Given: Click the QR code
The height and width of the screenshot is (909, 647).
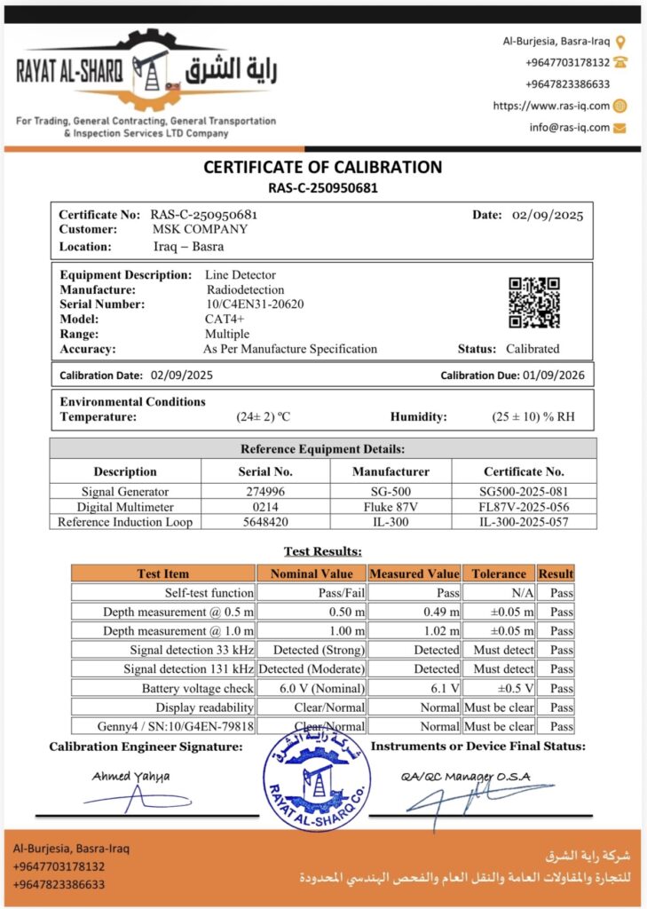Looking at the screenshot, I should click(533, 303).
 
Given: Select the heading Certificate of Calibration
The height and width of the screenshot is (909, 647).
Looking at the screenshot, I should click(323, 167).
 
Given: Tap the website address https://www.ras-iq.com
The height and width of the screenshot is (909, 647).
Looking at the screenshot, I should click(551, 106).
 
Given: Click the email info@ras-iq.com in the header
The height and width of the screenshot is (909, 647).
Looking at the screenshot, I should click(570, 127).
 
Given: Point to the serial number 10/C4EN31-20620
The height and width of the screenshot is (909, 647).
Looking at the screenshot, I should click(255, 304).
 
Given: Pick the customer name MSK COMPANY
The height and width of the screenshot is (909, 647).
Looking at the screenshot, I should click(201, 229).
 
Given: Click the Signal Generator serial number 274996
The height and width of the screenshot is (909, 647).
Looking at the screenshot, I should click(265, 492).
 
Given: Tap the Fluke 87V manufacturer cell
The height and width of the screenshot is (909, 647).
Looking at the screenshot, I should click(391, 507).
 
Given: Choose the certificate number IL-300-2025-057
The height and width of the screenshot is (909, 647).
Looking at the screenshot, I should click(524, 522).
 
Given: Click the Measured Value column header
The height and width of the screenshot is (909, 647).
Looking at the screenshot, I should click(414, 573).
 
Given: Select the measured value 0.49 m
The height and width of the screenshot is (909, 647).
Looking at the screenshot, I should click(441, 612).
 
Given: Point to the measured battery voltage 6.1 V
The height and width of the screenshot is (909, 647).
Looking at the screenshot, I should click(444, 688).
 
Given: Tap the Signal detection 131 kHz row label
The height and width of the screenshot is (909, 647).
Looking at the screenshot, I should click(188, 669).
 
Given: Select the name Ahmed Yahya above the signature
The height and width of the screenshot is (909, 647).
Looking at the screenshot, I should click(130, 776).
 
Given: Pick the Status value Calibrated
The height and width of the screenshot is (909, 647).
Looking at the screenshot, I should click(533, 349).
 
